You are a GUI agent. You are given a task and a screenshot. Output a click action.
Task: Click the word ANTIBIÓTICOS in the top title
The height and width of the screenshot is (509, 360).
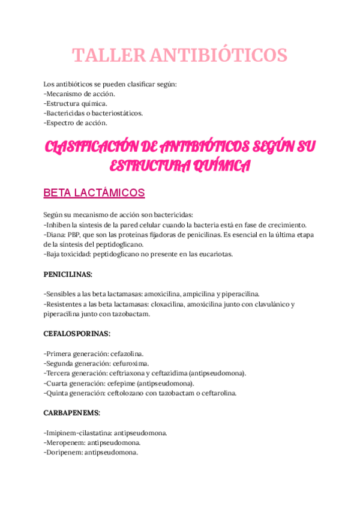tap(217, 55)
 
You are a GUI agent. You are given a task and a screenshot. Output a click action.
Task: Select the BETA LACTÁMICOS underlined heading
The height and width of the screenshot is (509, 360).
tap(94, 193)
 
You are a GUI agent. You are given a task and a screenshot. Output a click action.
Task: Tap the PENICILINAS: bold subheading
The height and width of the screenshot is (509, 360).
tap(68, 274)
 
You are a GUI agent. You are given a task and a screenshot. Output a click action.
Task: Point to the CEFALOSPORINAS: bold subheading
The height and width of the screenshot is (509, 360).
tap(77, 333)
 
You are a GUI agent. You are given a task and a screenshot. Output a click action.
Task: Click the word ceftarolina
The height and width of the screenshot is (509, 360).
tap(217, 393)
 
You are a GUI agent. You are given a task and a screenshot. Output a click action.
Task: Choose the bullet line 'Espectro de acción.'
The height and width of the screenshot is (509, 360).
tap(76, 123)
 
